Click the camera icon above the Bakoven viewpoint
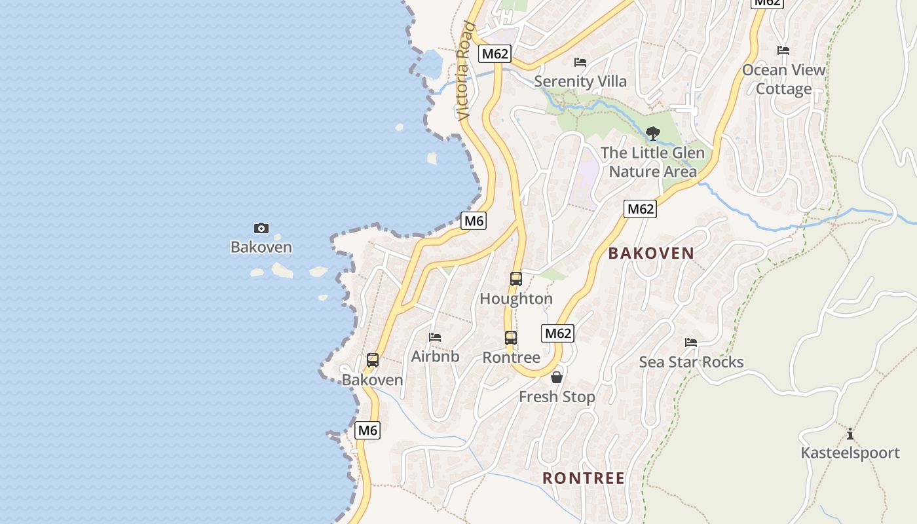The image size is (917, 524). point(261,228)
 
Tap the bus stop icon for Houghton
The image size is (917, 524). point(516,279)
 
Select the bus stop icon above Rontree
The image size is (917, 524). point(511,338)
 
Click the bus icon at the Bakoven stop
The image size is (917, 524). point(373,360)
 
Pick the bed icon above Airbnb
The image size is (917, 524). point(435,337)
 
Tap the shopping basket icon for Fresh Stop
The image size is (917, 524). point(557,377)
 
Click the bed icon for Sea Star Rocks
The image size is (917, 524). point(691,342)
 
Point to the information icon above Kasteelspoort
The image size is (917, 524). point(850,434)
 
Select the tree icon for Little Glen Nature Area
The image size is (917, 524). point(652,134)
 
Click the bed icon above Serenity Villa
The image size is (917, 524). point(580,62)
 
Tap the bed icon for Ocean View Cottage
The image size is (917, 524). point(783,50)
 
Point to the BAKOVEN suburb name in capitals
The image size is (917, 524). point(651,253)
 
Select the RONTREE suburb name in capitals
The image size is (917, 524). point(584,478)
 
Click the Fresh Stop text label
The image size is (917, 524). point(557,397)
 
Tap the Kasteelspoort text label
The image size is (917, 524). point(850,453)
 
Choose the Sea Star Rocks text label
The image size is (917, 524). point(691,362)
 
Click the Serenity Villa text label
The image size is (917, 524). point(580,82)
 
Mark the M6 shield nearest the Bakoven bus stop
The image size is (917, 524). point(367,430)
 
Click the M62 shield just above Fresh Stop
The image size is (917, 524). point(558,333)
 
